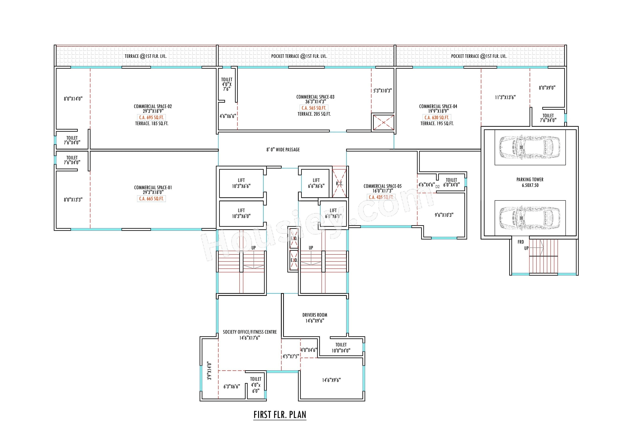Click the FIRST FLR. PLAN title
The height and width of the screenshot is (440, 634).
[x=280, y=414]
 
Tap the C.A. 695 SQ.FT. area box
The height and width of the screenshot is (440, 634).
[x=151, y=117]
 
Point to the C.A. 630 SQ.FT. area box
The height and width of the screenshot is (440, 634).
[x=437, y=117]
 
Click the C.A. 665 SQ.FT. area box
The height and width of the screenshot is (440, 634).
[x=151, y=199]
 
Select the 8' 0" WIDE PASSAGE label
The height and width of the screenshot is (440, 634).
[x=283, y=149]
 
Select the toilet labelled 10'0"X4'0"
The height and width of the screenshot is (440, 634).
[x=341, y=348]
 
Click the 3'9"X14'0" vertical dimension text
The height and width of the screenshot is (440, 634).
[x=209, y=371]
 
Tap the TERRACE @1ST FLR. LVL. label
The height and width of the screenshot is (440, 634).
[x=145, y=56]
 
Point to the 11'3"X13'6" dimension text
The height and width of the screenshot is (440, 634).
[x=505, y=97]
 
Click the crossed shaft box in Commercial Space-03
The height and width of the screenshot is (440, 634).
[x=383, y=122]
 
